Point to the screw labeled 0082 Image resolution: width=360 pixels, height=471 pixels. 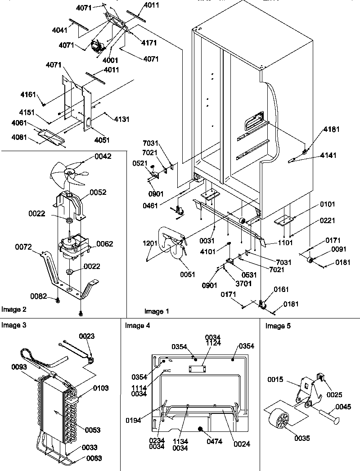[58, 299]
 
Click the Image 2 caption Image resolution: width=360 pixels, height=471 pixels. [14, 310]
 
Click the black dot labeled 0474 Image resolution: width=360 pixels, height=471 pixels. [201, 431]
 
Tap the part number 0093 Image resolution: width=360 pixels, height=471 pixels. [18, 367]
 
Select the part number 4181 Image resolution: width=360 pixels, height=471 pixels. [331, 130]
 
